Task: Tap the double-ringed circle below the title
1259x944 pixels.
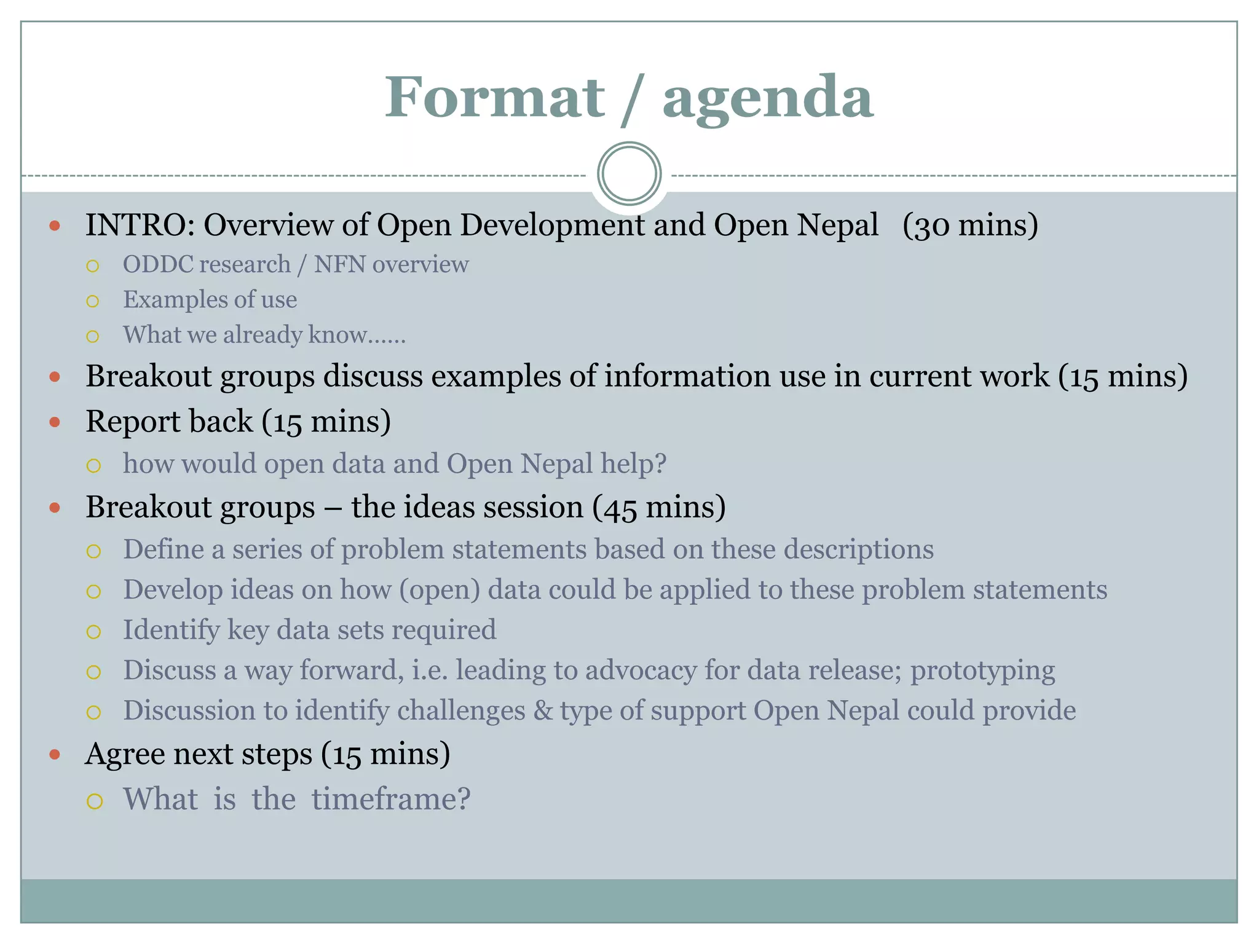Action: [x=629, y=174]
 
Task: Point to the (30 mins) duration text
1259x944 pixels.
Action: [x=970, y=225]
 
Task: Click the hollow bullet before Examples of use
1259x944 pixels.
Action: [x=93, y=301]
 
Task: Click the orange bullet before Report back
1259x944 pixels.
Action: [x=55, y=422]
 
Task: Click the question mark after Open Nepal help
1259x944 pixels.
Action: [x=660, y=464]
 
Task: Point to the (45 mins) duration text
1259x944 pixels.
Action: [x=659, y=508]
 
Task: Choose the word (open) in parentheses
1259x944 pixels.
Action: [x=440, y=590]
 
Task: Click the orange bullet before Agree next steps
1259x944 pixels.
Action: [x=55, y=754]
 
